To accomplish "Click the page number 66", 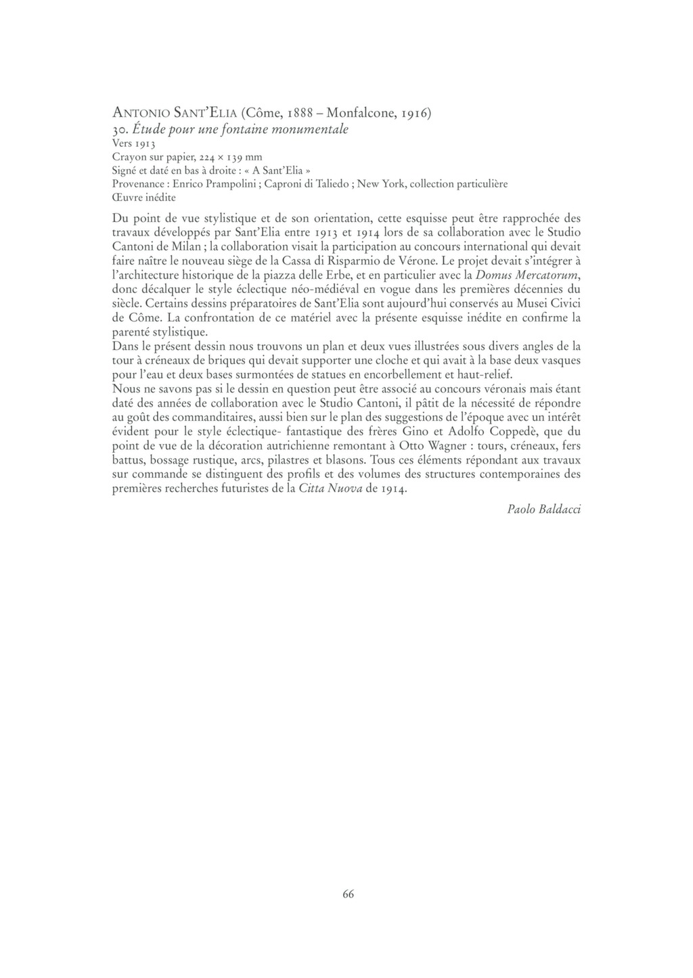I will coord(348,894).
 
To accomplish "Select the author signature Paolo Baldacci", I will coord(543,510).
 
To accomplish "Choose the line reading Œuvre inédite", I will coord(143,198).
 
